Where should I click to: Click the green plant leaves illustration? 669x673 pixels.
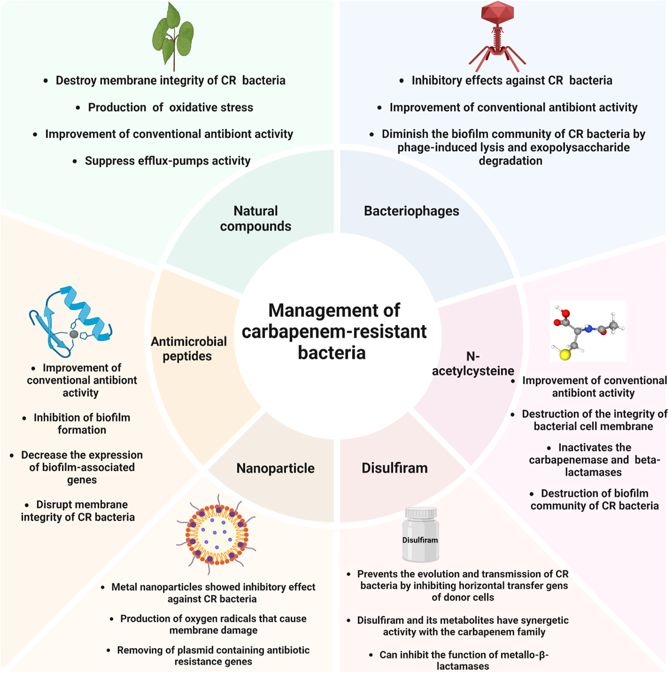173,36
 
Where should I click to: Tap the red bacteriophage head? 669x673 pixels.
497,13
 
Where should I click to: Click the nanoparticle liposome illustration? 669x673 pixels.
216,534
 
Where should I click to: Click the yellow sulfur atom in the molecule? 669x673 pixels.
565,354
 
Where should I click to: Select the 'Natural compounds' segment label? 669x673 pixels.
256,218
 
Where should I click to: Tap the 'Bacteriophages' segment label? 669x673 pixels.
412,211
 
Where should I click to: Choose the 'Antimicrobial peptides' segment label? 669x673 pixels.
188,348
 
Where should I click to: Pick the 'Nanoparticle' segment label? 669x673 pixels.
275,468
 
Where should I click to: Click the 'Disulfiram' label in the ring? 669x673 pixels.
395,468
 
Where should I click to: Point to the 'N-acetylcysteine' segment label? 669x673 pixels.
473,363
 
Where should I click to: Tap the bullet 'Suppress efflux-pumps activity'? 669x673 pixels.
168,161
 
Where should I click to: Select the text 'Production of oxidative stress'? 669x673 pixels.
170,107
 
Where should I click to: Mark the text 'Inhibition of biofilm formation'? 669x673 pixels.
82,424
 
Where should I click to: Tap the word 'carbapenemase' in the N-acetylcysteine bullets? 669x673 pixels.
579,460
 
